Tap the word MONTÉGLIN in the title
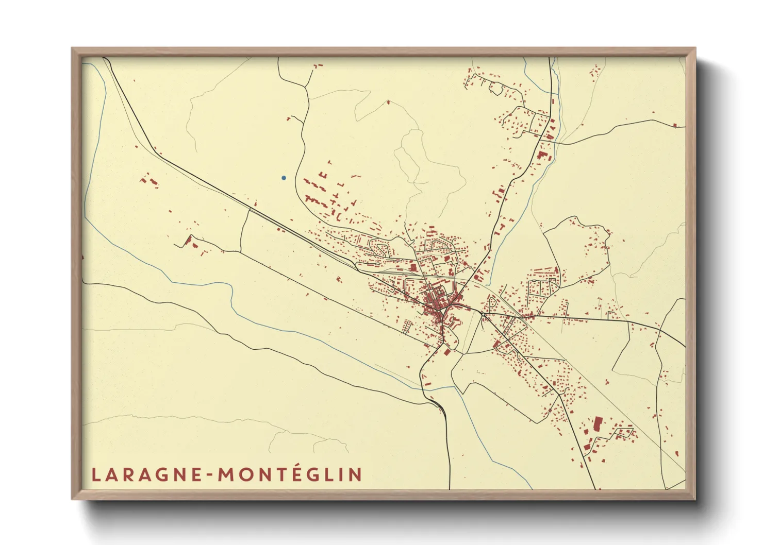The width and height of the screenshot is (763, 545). [290, 474]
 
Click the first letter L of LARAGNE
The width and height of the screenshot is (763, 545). [95, 474]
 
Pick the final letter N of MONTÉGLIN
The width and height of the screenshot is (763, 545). [355, 474]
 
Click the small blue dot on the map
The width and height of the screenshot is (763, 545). [284, 178]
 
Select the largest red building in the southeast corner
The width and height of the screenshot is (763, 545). [598, 424]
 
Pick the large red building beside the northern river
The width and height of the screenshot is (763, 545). [541, 154]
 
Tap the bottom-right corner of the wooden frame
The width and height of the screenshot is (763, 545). [695, 499]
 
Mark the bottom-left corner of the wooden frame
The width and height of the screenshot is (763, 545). [73, 499]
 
